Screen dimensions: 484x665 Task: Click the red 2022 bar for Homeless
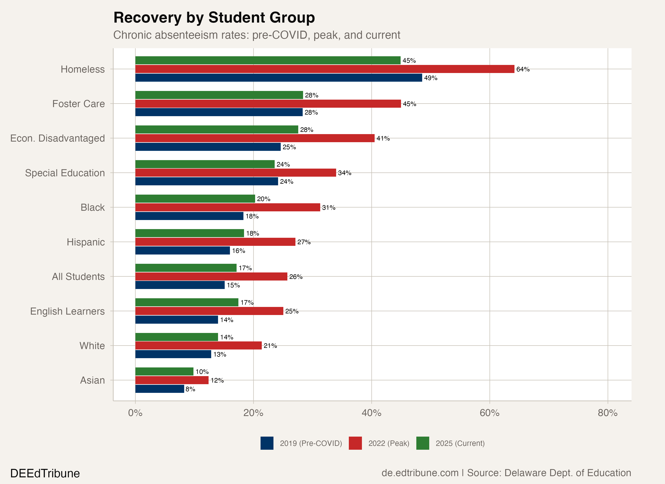[x=325, y=69]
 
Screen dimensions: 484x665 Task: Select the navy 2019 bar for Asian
[x=160, y=389]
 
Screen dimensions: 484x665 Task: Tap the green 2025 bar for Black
[x=195, y=199]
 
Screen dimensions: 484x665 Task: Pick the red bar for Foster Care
[x=268, y=104]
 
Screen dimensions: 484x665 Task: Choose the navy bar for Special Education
[x=206, y=181]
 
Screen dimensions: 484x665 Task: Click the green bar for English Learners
[x=187, y=302]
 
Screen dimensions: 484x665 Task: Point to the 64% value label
[x=523, y=69]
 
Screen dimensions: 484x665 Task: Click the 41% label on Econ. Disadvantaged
[x=383, y=138]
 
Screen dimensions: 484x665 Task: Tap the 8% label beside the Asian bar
[x=190, y=389]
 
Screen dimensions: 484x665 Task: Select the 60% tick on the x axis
[x=489, y=413]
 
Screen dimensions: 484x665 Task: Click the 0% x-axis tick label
[x=135, y=413]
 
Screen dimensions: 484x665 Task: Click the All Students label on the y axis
[x=78, y=276]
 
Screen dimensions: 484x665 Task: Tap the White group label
[x=92, y=346]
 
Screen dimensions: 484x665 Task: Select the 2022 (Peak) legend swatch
[x=355, y=443]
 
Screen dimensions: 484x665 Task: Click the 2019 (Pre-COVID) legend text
[x=311, y=443]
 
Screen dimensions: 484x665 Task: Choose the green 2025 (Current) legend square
[x=423, y=443]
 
